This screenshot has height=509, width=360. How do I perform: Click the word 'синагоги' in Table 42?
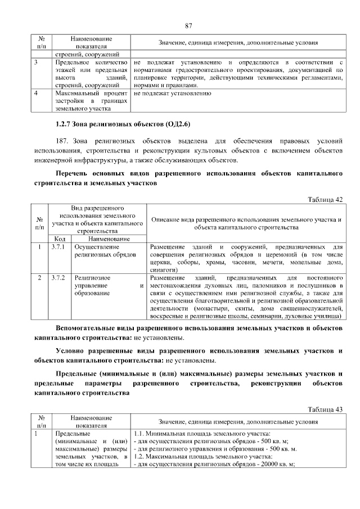click(x=165, y=270)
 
